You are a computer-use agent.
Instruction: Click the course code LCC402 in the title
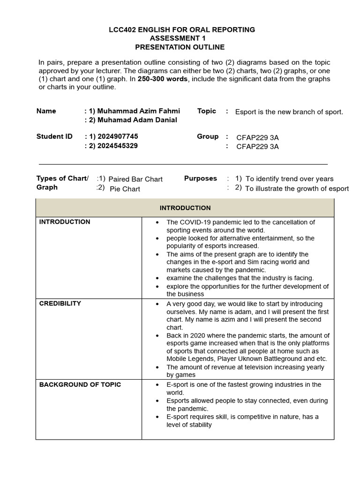point(122,30)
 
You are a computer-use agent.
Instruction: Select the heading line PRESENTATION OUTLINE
point(180,47)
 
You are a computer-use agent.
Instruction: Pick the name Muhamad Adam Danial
point(137,120)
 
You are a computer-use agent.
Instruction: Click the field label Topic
point(206,111)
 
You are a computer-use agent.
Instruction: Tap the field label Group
point(208,136)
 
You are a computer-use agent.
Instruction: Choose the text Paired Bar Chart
point(135,179)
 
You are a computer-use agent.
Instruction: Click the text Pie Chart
point(125,189)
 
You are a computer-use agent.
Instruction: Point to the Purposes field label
point(200,179)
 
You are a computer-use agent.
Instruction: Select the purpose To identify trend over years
point(290,179)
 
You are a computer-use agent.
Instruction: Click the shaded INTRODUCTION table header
point(185,208)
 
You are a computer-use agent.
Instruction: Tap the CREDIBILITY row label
point(60,303)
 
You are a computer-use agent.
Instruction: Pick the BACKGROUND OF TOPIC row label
point(80,384)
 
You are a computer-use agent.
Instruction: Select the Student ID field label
point(54,136)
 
